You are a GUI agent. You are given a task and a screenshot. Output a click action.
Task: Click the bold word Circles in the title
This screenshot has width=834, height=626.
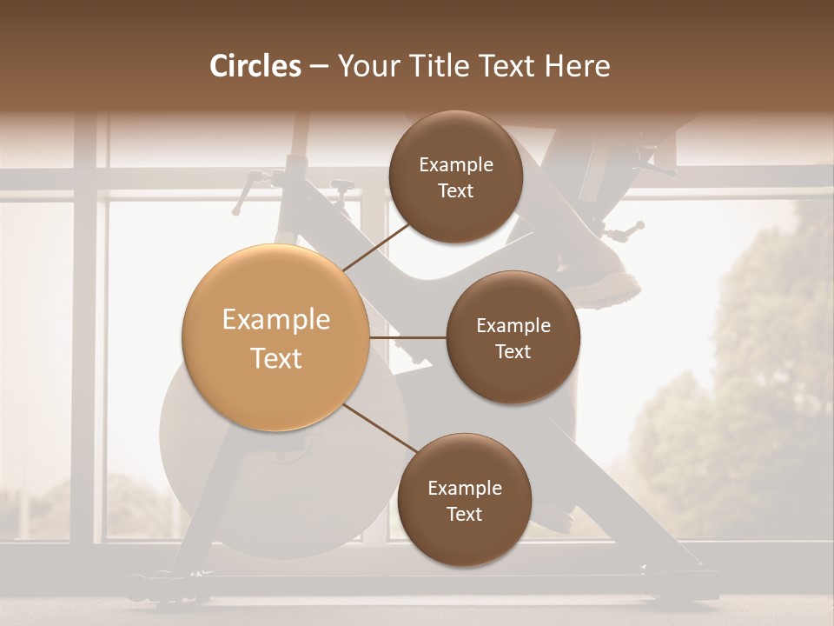click(x=255, y=66)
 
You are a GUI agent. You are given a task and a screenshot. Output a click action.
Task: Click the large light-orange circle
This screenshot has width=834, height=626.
click(x=276, y=337)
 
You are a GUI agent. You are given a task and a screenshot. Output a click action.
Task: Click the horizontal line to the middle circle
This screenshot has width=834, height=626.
click(x=408, y=337)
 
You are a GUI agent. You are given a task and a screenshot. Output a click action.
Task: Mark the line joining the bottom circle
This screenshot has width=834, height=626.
click(x=381, y=429)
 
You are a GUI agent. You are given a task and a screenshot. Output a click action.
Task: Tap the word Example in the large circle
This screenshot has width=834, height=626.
click(x=276, y=320)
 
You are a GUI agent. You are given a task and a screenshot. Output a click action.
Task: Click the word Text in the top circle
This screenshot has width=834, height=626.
click(x=455, y=190)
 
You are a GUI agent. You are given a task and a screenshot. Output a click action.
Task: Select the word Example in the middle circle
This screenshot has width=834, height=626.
click(x=513, y=326)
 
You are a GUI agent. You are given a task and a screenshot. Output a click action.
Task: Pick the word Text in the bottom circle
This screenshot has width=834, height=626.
click(x=464, y=514)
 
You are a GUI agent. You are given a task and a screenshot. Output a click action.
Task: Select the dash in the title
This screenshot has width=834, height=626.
click(x=318, y=67)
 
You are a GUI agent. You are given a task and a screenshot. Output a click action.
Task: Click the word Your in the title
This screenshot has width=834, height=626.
click(x=366, y=66)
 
